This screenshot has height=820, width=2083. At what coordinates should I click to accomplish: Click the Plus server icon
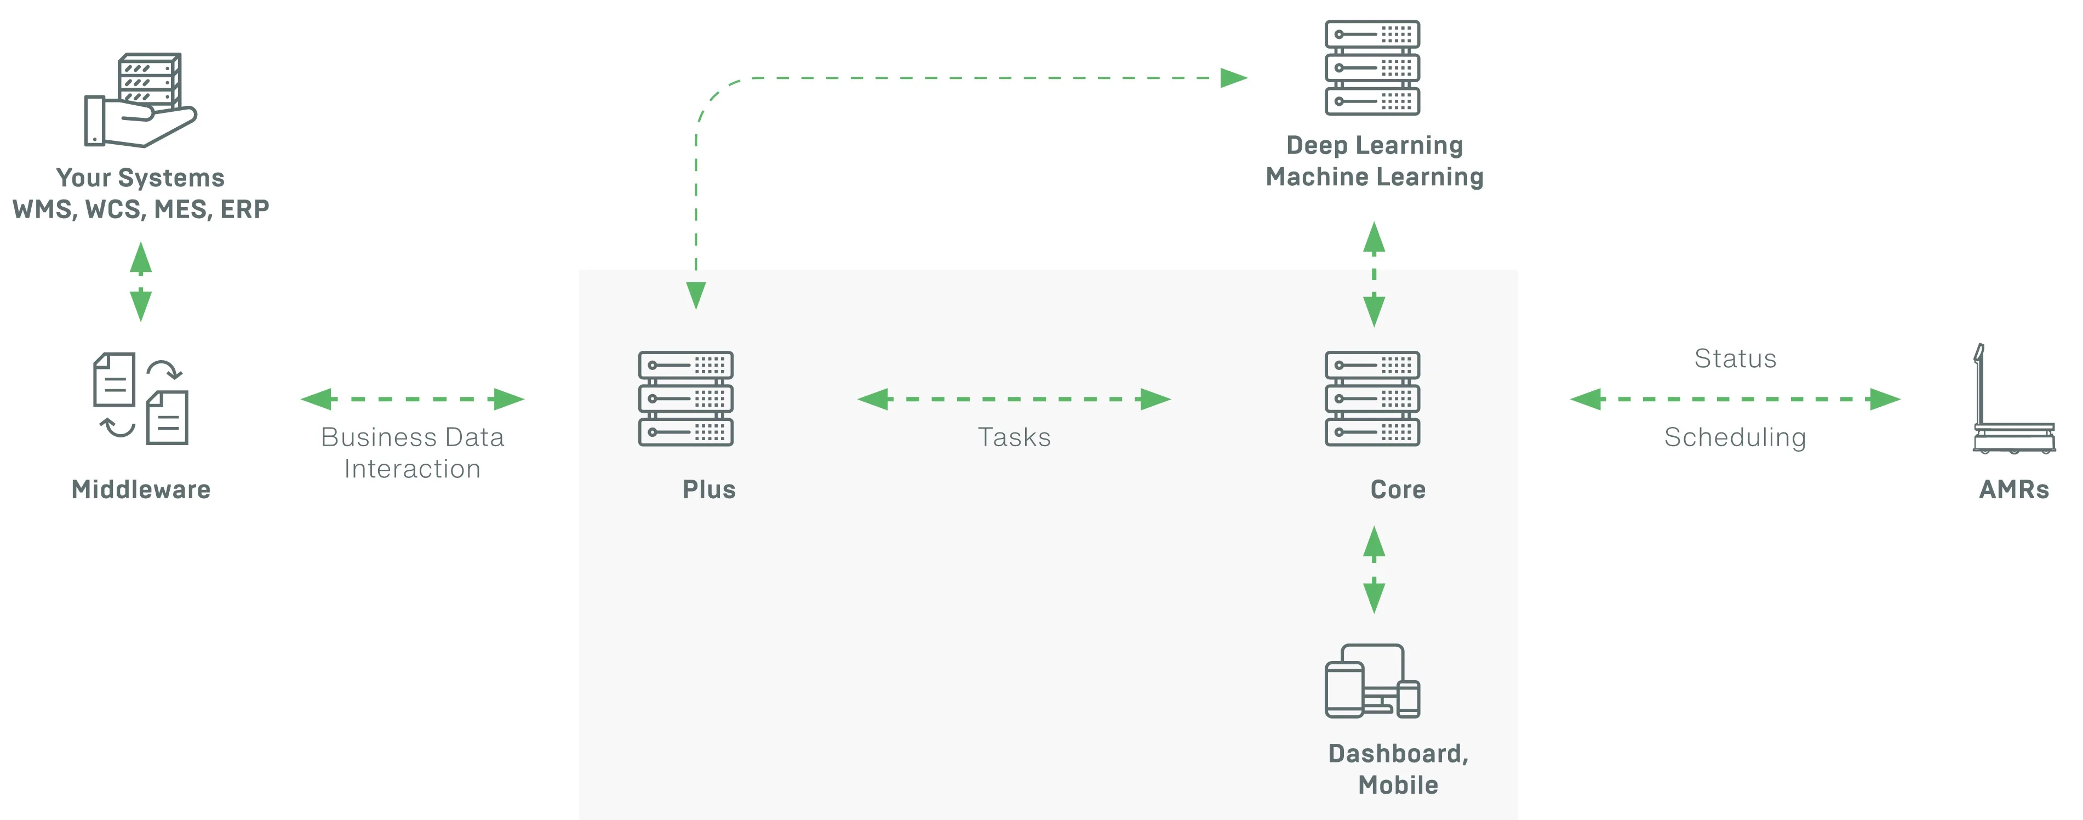pyautogui.click(x=686, y=398)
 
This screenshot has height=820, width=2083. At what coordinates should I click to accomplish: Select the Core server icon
pyautogui.click(x=1372, y=398)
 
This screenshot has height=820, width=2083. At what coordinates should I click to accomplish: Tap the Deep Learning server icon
pyautogui.click(x=1372, y=68)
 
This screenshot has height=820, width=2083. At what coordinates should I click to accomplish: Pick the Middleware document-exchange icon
pyautogui.click(x=141, y=398)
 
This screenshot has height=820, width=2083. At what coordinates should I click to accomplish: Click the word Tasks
pyautogui.click(x=1014, y=437)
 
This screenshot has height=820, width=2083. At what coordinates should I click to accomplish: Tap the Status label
pyautogui.click(x=1735, y=358)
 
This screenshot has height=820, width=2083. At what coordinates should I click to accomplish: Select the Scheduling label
pyautogui.click(x=1735, y=437)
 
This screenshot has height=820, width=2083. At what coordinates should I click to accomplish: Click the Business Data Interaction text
pyautogui.click(x=413, y=453)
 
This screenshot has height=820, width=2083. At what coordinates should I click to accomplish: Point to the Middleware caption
pyautogui.click(x=141, y=489)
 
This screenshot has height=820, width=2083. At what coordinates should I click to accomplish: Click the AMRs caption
pyautogui.click(x=2013, y=489)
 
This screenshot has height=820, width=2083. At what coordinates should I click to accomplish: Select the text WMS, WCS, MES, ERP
pyautogui.click(x=141, y=209)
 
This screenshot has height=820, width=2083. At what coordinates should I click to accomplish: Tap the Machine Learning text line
pyautogui.click(x=1375, y=177)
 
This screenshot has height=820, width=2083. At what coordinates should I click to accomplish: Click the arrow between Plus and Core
pyautogui.click(x=1014, y=398)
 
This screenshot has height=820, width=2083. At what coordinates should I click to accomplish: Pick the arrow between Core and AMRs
pyautogui.click(x=1735, y=398)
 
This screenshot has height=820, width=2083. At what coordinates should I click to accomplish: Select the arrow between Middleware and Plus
pyautogui.click(x=413, y=398)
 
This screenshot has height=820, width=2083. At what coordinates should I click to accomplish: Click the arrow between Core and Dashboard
pyautogui.click(x=1374, y=570)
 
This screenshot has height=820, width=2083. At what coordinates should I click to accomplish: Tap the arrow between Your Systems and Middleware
pyautogui.click(x=141, y=281)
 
